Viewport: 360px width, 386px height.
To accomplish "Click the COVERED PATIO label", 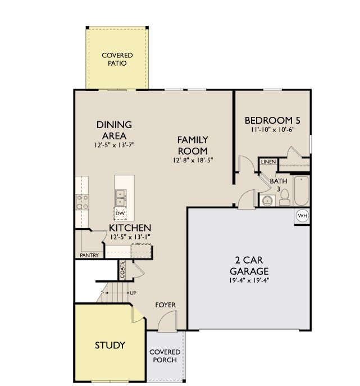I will click(117, 59).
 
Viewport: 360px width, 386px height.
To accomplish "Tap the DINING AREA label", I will click(114, 130).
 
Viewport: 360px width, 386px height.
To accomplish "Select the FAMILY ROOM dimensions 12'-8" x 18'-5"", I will click(193, 160).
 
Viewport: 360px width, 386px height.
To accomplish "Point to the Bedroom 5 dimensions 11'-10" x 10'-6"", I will click(272, 130).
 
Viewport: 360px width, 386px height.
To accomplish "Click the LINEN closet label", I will click(268, 162).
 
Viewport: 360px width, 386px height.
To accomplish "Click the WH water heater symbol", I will click(302, 216).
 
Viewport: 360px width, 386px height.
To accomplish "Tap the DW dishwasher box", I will click(120, 213).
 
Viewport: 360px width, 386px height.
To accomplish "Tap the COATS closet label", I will click(122, 270).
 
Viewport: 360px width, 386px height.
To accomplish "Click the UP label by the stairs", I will click(133, 293).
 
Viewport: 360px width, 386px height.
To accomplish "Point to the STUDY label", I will click(110, 345).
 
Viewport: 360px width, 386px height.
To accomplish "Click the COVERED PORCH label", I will click(163, 356).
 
